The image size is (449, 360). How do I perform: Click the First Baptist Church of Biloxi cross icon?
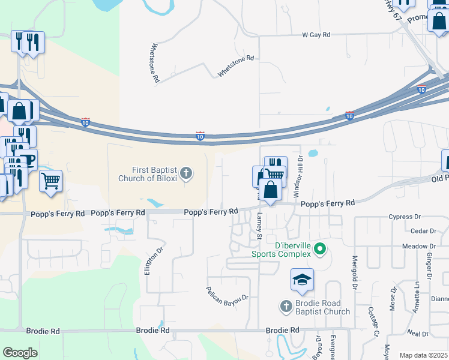tap(186, 174)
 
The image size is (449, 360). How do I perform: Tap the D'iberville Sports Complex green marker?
tap(321, 248)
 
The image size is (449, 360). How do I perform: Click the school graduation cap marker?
tap(302, 280)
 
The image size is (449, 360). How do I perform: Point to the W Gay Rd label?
tap(316, 35)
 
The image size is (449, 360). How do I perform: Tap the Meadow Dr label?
tap(419, 246)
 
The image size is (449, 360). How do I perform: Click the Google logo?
tap(20, 353)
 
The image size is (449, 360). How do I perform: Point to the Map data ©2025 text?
tap(423, 355)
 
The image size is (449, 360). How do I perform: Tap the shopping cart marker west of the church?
tap(51, 180)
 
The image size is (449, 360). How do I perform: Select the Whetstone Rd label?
tap(236, 66)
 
